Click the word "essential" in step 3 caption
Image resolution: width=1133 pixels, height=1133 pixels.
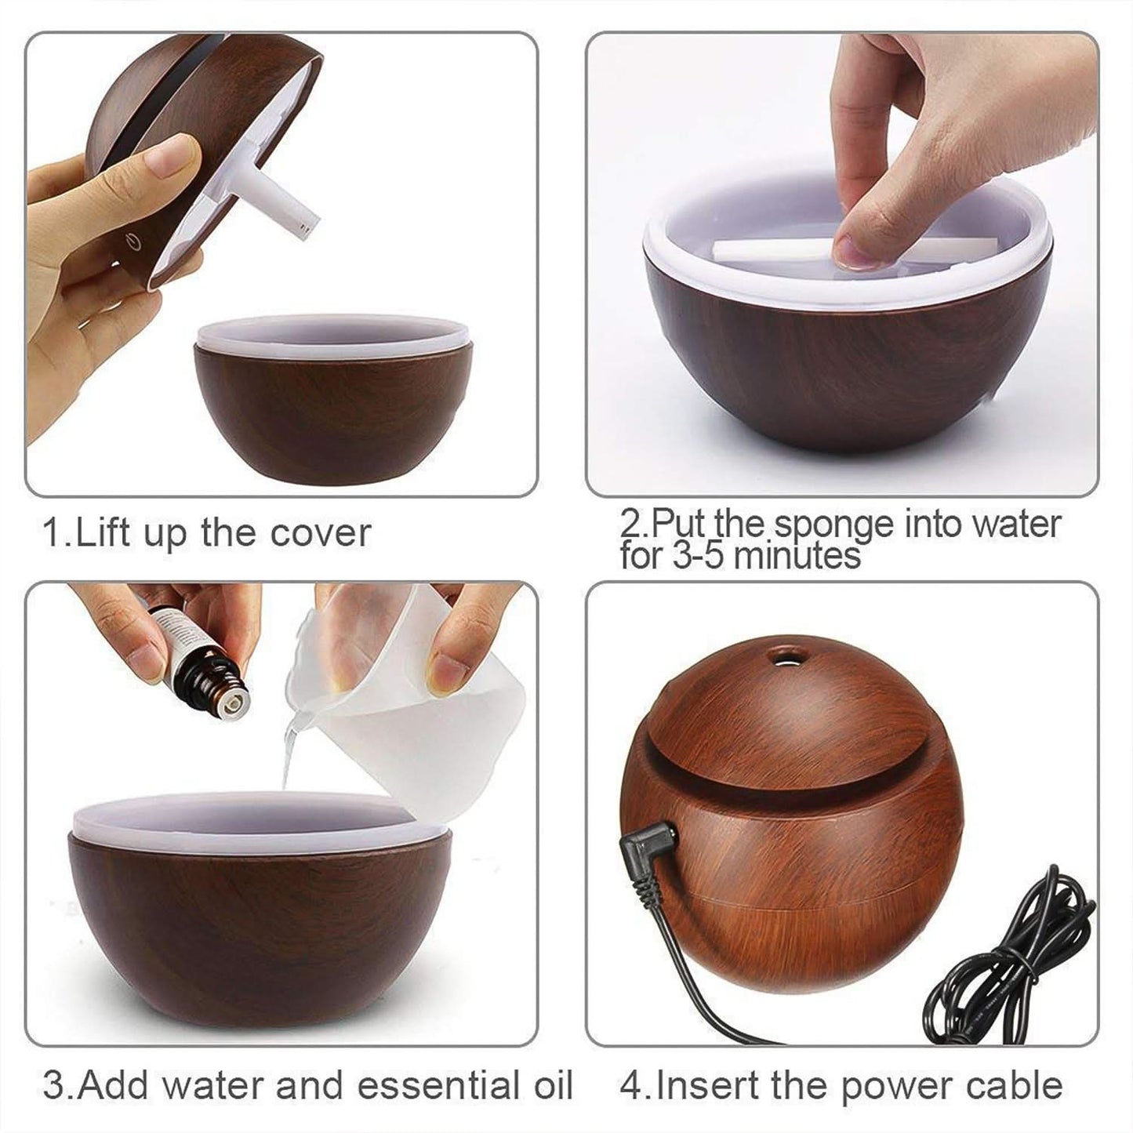coord(434,1086)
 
